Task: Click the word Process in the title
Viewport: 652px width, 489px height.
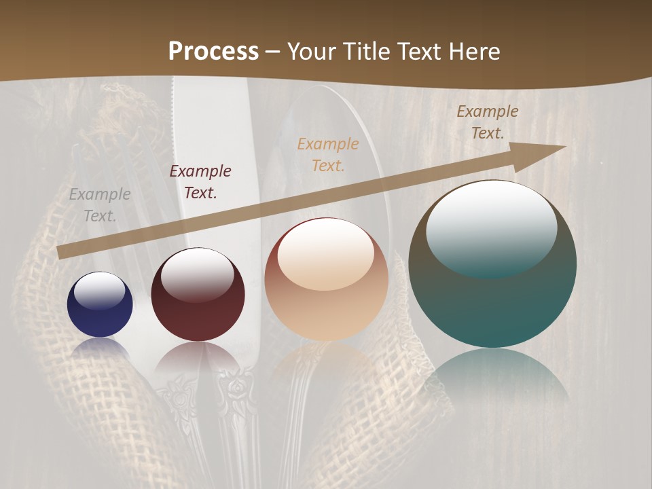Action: coord(213,52)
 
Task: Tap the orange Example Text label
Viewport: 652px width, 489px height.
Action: coord(328,154)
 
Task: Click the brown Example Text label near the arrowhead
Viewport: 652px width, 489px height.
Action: coord(488,122)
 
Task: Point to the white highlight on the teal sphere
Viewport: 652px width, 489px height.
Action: coord(492,228)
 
